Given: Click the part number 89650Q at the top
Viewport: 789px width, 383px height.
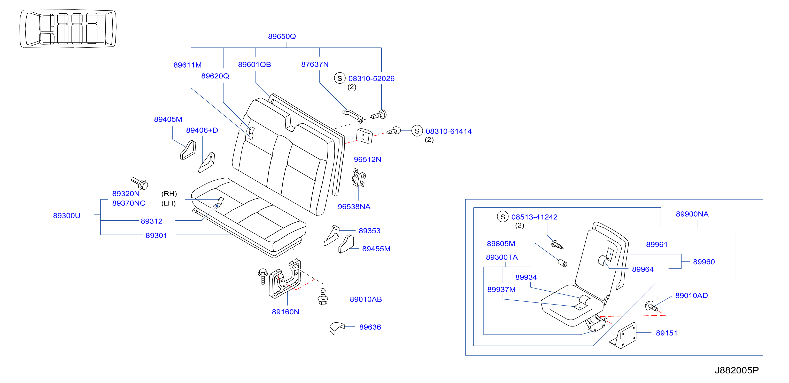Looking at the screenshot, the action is (282, 36).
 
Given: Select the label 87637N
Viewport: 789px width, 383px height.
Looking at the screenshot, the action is (315, 64).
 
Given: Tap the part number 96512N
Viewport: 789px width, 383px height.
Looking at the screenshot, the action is (367, 159).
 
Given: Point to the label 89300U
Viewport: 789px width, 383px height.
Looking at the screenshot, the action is (66, 216).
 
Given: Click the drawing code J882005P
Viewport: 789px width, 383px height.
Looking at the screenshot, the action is (737, 370).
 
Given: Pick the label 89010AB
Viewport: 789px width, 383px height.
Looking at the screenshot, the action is (366, 299).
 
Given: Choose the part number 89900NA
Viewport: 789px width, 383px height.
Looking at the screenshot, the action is (692, 214).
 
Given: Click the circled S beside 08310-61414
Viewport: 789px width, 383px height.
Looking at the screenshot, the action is (417, 131).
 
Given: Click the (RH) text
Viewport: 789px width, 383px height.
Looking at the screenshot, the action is (169, 194).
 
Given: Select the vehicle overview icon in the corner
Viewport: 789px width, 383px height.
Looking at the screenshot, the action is (68, 29).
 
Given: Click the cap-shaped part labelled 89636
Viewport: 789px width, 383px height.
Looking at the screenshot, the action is (337, 328).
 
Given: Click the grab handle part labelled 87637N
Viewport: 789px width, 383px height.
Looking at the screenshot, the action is (353, 115).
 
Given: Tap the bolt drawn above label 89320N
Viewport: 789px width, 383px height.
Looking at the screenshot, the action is (140, 183).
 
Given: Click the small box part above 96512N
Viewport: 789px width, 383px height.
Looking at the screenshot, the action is (364, 136).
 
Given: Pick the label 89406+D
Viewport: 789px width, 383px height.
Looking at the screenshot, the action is (202, 130).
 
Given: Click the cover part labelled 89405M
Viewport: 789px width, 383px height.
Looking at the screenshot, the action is (188, 150).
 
